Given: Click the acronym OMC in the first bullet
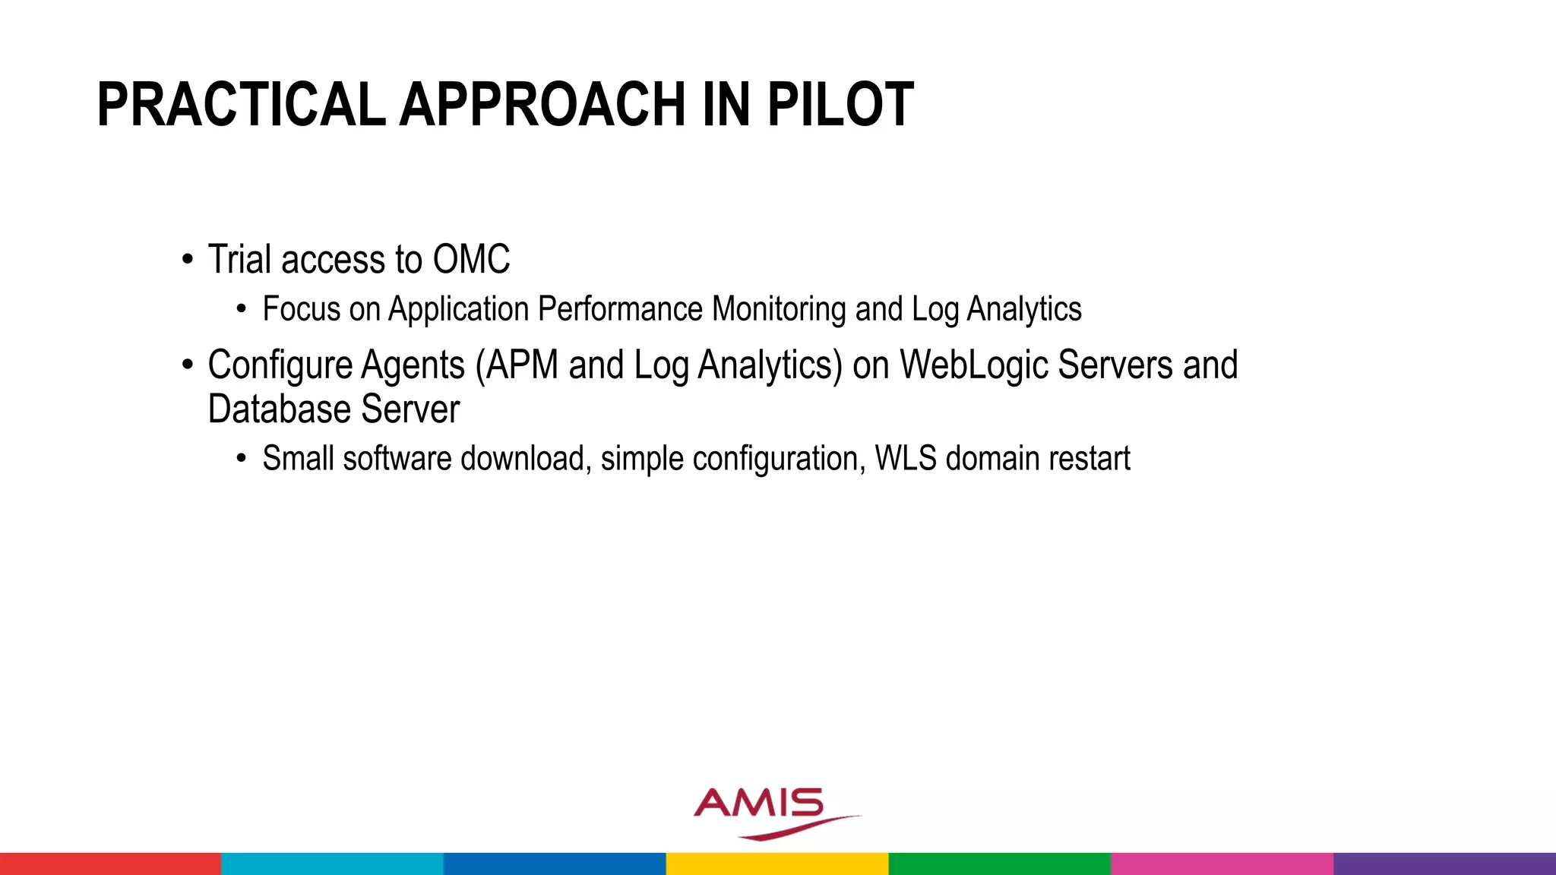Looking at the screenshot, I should click(x=471, y=260).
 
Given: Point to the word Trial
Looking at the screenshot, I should click(x=239, y=260).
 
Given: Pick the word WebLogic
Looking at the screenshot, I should click(x=974, y=365).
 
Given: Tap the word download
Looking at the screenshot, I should click(x=523, y=459).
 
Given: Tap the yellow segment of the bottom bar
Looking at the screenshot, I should click(x=776, y=864).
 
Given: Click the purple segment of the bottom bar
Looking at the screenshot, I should click(x=1444, y=864).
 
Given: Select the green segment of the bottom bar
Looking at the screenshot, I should click(x=999, y=864).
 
